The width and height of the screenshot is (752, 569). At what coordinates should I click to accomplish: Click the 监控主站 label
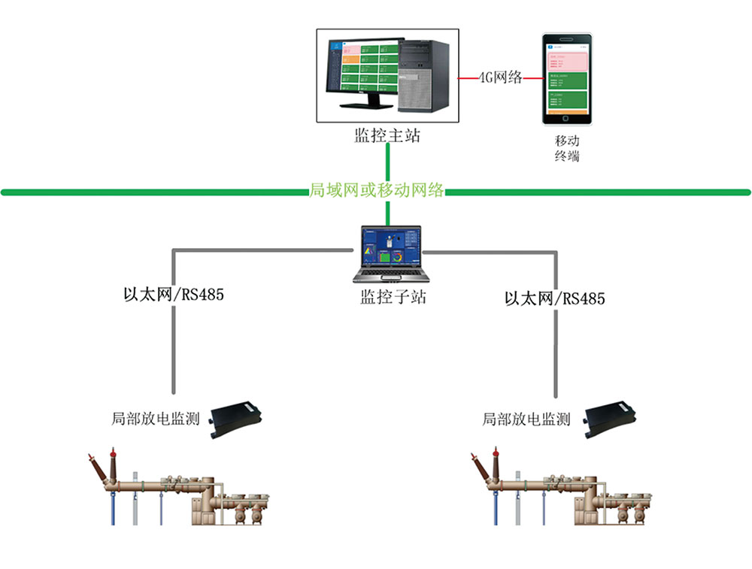pos(387,136)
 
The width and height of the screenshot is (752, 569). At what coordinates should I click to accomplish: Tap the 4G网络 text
pos(501,77)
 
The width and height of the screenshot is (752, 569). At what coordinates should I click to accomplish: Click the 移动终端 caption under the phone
pos(567,149)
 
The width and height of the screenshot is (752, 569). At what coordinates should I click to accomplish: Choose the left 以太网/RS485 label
pos(174,294)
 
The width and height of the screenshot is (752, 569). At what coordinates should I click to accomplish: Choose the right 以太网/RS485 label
pos(555,298)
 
